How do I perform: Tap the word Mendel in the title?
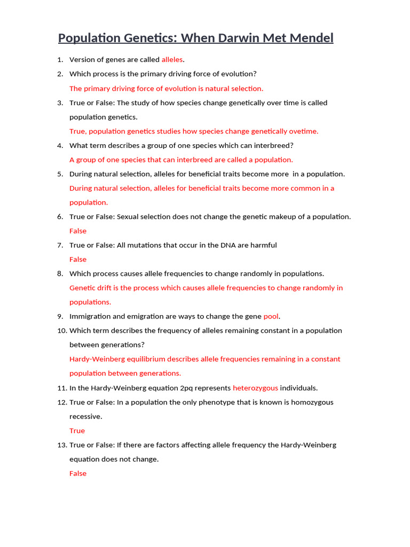tap(309, 38)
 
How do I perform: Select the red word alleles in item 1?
tap(172, 60)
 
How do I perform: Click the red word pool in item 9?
tap(271, 316)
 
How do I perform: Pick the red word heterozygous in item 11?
tap(255, 388)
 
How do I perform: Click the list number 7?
tap(60, 245)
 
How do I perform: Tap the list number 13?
tap(61, 445)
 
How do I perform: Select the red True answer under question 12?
tap(77, 431)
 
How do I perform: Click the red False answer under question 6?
tap(78, 231)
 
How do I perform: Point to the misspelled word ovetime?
tap(303, 131)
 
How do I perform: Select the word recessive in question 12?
tap(85, 416)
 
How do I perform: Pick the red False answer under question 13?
tap(78, 473)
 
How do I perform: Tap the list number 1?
tap(60, 60)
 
